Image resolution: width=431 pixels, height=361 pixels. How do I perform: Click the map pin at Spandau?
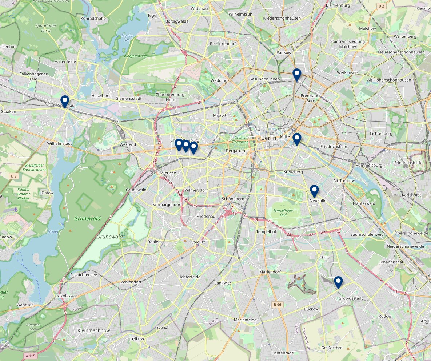point(65,101)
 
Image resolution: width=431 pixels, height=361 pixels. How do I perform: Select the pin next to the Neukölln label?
point(314,190)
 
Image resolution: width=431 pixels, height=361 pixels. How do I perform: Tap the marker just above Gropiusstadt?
point(338,282)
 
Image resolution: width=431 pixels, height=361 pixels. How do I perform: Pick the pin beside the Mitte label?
point(297,139)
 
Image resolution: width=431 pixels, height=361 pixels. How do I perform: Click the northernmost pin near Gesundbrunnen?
point(297,74)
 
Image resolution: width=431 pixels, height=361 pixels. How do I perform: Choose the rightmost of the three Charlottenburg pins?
point(193,147)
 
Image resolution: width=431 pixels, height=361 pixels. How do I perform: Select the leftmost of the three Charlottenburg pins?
point(179,144)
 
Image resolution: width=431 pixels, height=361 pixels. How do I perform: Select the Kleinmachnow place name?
point(93,330)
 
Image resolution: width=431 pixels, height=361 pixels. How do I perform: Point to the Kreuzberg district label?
point(293,172)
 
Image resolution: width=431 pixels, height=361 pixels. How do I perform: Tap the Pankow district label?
point(284,53)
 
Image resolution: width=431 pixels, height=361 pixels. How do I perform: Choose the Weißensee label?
point(347,73)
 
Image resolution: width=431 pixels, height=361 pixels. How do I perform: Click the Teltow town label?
point(137,339)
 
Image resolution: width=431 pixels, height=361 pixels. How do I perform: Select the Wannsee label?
point(25,305)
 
